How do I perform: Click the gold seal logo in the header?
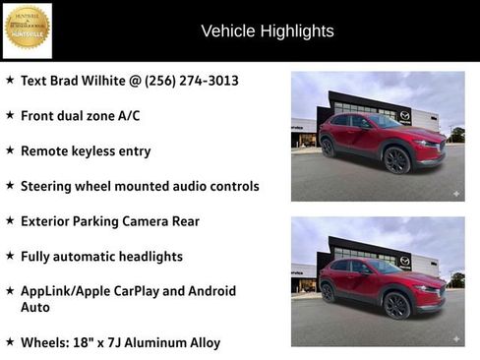pos(28,30)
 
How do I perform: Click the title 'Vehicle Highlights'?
pos(268,31)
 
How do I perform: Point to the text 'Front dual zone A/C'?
pos(80,116)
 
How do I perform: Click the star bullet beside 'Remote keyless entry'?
pos(10,150)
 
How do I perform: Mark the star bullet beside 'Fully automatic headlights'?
pos(10,256)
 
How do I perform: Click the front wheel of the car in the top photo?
pos(396,159)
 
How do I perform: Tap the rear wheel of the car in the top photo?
pos(328,148)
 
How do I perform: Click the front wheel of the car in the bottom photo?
pos(396,305)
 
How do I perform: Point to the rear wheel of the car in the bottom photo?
pos(328,293)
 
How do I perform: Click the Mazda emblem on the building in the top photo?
pos(404,116)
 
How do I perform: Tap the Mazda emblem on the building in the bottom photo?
pos(404,262)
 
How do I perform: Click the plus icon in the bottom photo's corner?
pos(455,338)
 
